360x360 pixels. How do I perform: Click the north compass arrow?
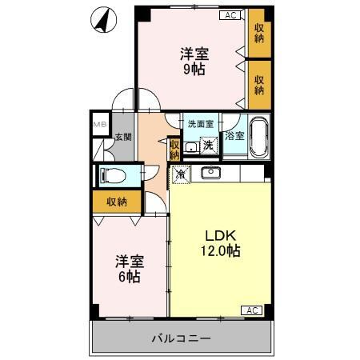[101, 21]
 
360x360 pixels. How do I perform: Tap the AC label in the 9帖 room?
[230, 15]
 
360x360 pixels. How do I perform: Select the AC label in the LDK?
[250, 310]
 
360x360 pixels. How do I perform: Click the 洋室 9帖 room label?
[193, 62]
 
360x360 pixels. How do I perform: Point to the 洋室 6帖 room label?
[128, 269]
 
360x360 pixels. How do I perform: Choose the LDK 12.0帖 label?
[219, 243]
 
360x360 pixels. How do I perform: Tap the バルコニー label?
[182, 338]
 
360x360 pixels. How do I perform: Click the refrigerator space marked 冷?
[181, 172]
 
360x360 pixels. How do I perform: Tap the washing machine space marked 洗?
[209, 145]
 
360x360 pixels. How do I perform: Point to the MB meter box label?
[99, 125]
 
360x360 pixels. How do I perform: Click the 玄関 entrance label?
[122, 138]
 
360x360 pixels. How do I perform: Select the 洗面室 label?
[200, 124]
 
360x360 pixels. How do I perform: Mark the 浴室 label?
[234, 137]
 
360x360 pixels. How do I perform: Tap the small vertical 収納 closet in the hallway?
[174, 149]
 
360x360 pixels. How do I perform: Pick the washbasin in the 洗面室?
[191, 147]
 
